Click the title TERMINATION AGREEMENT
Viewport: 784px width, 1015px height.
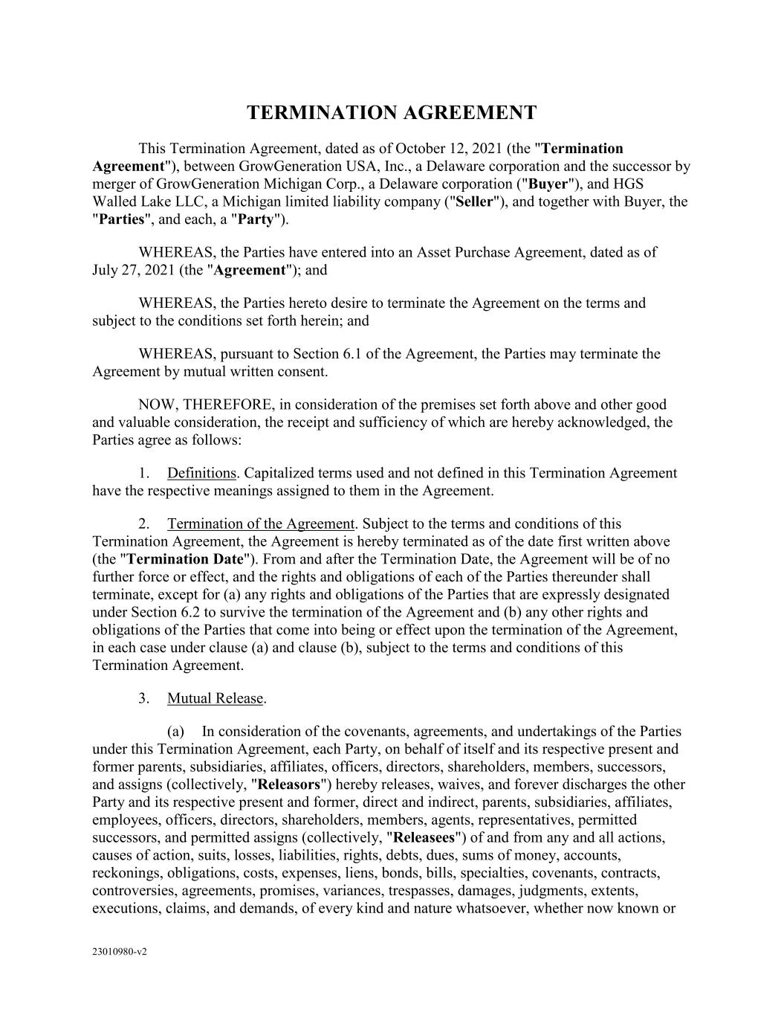pos(392,113)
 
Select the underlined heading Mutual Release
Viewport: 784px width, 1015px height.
pos(215,698)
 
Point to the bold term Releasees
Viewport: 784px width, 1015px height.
pos(423,838)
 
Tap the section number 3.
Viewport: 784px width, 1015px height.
pos(144,698)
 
